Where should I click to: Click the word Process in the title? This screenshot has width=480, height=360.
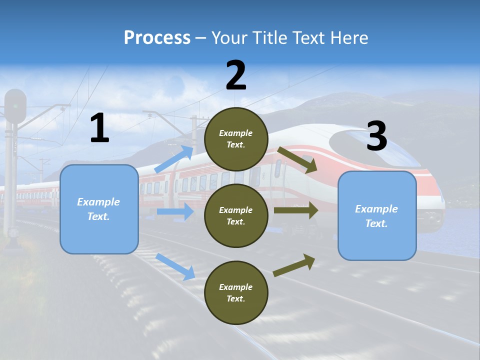coord(157,38)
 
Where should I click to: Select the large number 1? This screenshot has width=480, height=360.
coord(99,129)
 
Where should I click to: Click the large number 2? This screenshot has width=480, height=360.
coord(236,76)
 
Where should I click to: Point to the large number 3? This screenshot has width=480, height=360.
coord(376,136)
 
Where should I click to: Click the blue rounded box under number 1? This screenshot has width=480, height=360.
coord(99,209)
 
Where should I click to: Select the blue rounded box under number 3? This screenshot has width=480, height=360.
coord(377,215)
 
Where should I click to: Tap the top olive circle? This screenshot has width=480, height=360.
coord(236,139)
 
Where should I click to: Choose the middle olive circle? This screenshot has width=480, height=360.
coord(236,215)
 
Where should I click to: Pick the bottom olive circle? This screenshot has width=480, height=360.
coord(236,292)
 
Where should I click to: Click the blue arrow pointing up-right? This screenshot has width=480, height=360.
coord(174,159)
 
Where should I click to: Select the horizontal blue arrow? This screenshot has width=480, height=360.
coord(175,212)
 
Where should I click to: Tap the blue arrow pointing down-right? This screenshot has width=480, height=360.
coord(175,266)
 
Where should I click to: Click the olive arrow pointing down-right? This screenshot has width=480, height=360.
coord(297,159)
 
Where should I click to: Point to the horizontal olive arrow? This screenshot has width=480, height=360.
coord(296,210)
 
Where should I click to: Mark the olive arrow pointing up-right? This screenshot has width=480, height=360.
coord(294,265)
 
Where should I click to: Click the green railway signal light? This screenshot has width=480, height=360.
coord(16,106)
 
